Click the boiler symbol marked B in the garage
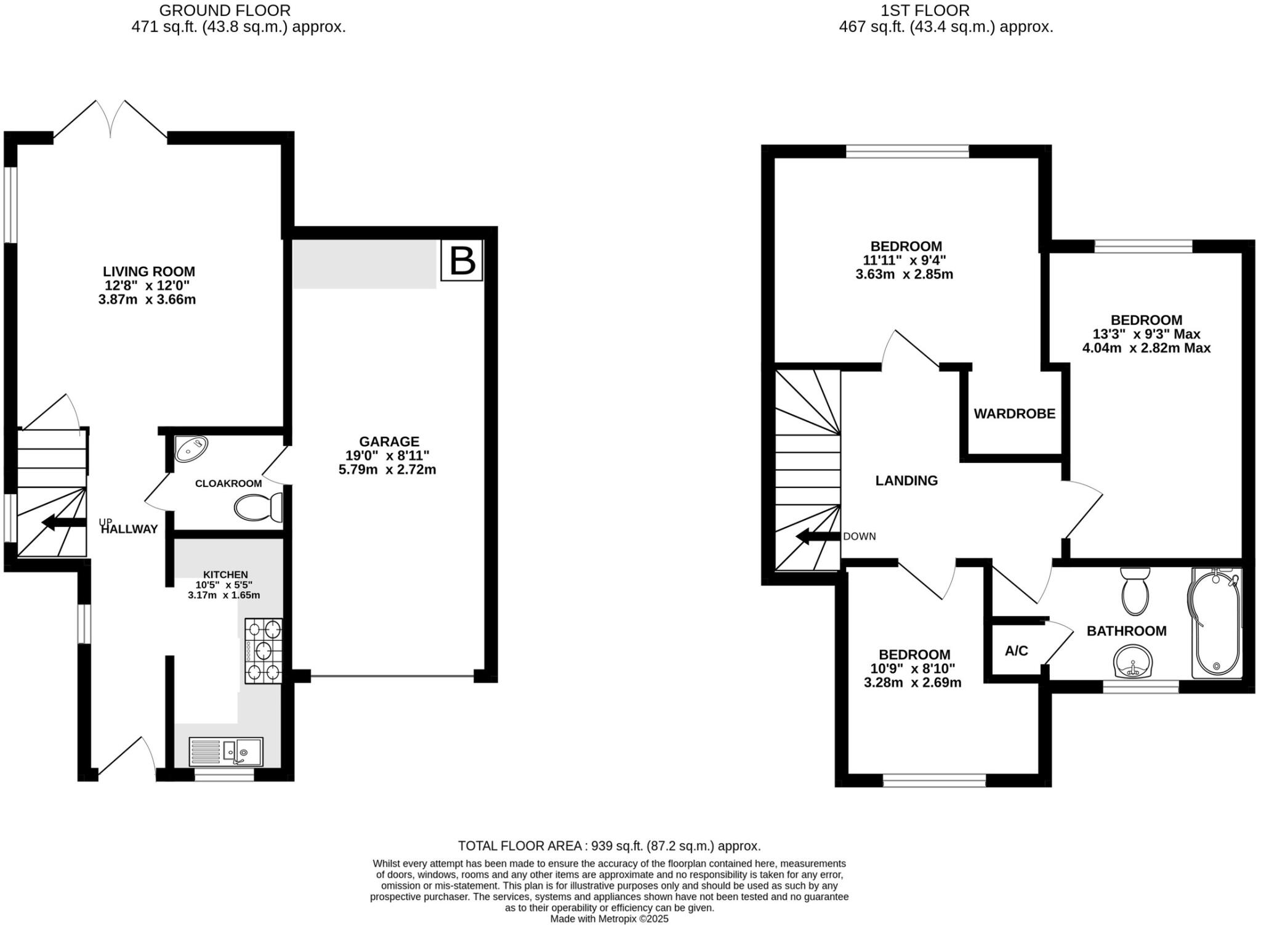tap(462, 261)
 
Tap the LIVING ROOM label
tap(148, 271)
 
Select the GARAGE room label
tap(389, 441)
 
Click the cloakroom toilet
tap(258, 507)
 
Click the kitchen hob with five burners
tap(264, 651)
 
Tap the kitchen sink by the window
tap(226, 752)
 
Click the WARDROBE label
tap(1014, 414)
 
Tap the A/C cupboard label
tap(1016, 651)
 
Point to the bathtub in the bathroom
tap(1215, 622)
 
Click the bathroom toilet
tap(1135, 591)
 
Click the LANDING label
tap(906, 481)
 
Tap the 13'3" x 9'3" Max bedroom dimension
tap(1146, 334)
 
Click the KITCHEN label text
tap(225, 574)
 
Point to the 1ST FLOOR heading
tap(925, 10)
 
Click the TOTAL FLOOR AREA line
tap(609, 846)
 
